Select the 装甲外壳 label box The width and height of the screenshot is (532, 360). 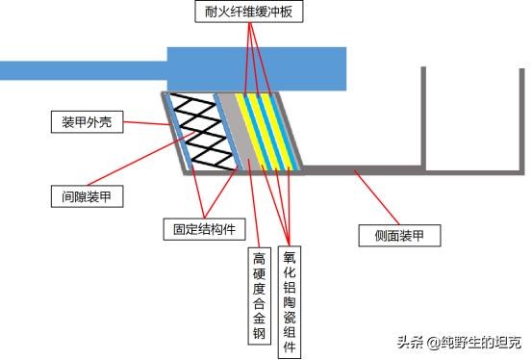[x=83, y=122]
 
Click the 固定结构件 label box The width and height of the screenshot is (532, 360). [x=203, y=229]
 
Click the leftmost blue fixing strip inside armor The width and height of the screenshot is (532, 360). [x=177, y=130]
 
